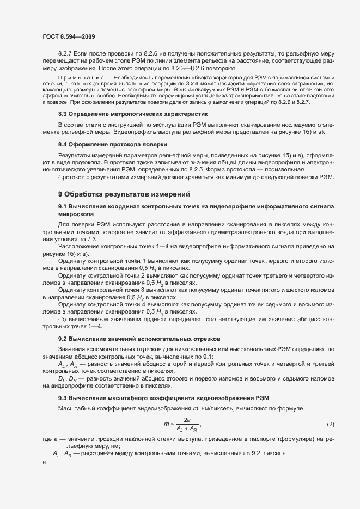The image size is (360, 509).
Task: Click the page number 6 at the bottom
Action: tap(44, 463)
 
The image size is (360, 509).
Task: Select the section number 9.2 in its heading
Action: tap(63, 338)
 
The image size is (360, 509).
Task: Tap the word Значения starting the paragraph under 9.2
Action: tap(72, 348)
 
